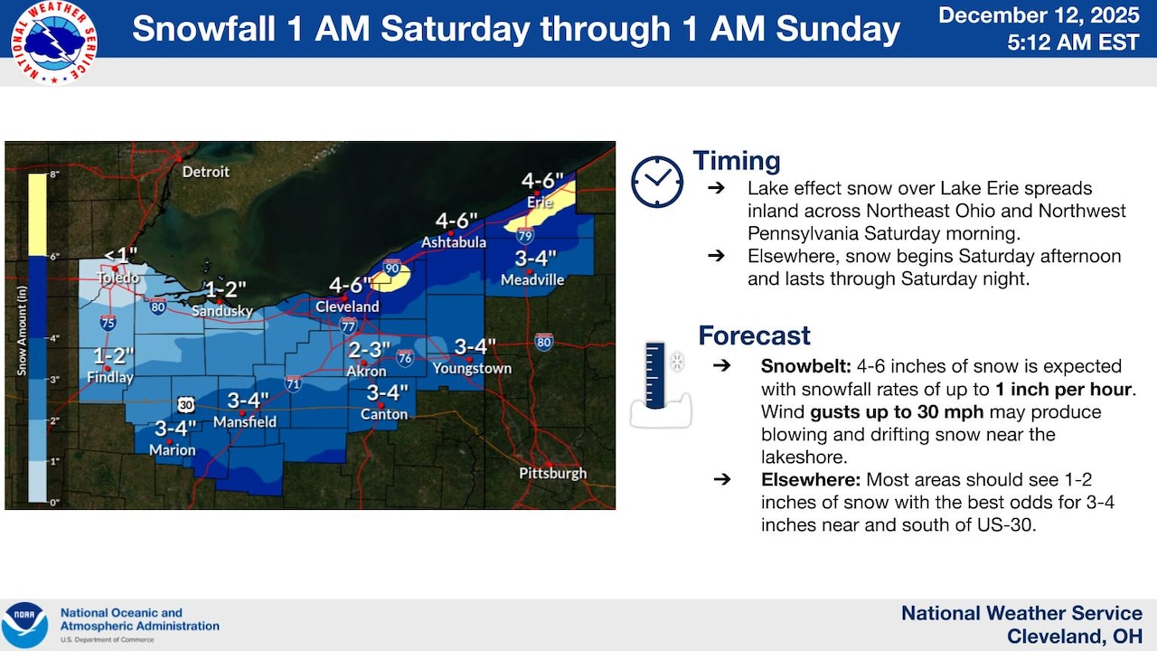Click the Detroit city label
coord(206,172)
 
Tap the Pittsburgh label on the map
coord(552,473)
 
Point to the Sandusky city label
coord(222,311)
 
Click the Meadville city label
coord(532,280)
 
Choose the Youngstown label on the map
coord(472,368)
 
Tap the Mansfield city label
coord(245,421)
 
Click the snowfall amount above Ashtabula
coord(457,222)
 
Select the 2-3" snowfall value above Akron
coord(369,349)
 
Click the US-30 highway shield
coord(185,403)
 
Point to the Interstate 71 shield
coord(293,383)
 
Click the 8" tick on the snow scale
coord(54,174)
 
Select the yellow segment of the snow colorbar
coord(37,213)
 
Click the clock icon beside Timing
coord(657,182)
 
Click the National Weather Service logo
coord(54,42)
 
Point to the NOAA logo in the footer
coord(25,624)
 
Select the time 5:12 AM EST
coord(1060,42)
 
